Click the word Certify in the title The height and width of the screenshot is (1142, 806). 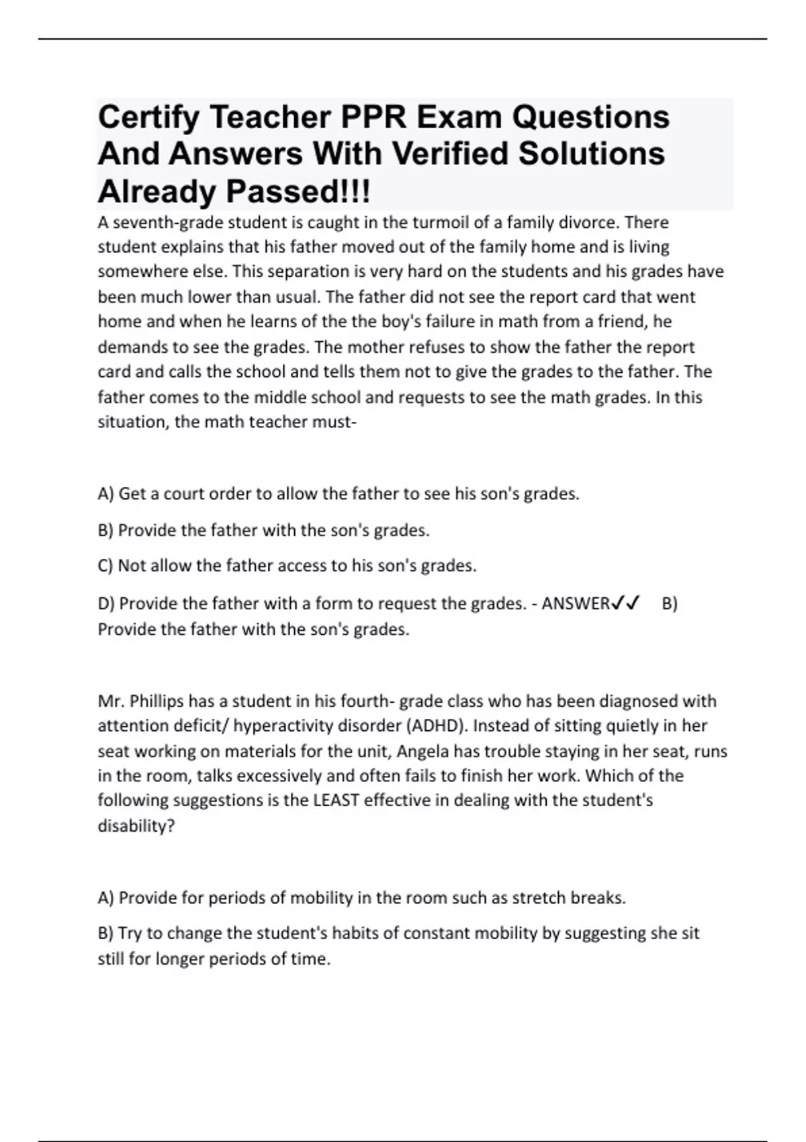[x=148, y=118]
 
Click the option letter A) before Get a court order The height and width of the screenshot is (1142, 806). [x=106, y=494]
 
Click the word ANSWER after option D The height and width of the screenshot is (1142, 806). [x=576, y=604]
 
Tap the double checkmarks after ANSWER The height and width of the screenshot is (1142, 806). [x=625, y=603]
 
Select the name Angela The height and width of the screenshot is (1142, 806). [x=423, y=751]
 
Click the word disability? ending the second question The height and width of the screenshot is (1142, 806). [x=136, y=826]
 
